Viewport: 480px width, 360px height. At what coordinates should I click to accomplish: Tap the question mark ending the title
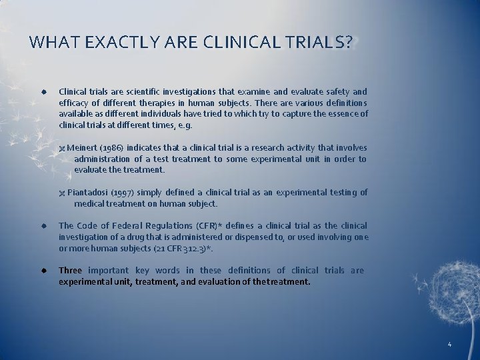click(350, 43)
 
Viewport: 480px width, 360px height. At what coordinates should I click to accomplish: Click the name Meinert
click(82, 147)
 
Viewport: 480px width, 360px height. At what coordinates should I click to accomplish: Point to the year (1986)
click(111, 147)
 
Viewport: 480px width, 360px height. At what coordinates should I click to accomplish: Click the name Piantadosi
click(87, 192)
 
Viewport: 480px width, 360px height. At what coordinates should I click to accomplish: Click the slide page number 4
click(449, 345)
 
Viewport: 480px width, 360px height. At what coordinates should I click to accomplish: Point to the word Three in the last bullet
click(70, 270)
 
